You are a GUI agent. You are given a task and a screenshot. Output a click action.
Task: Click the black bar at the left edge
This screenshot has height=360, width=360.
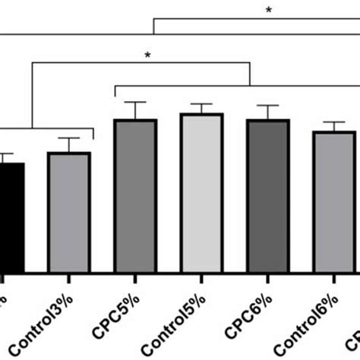coord(11,216)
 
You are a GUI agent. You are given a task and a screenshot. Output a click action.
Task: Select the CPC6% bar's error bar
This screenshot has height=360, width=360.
coord(268,112)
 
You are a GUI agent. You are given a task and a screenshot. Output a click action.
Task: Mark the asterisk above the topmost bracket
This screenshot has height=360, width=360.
coord(268,10)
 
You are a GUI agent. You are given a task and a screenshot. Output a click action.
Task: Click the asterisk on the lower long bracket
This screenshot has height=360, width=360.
coord(147,55)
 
